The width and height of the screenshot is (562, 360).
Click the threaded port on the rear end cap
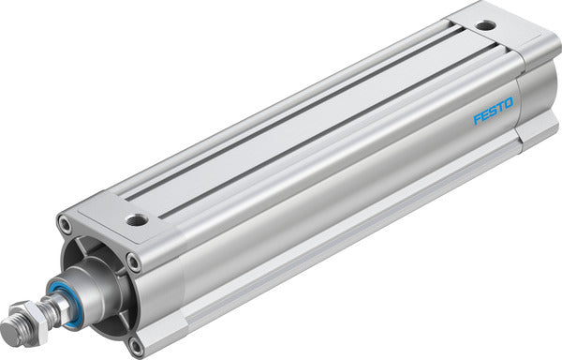pos(485,26)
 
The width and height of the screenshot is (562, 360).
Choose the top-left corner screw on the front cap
pos(65,224)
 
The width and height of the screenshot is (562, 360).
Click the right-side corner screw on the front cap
pos(134,262)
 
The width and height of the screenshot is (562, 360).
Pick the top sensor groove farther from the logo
pos(290,112)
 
